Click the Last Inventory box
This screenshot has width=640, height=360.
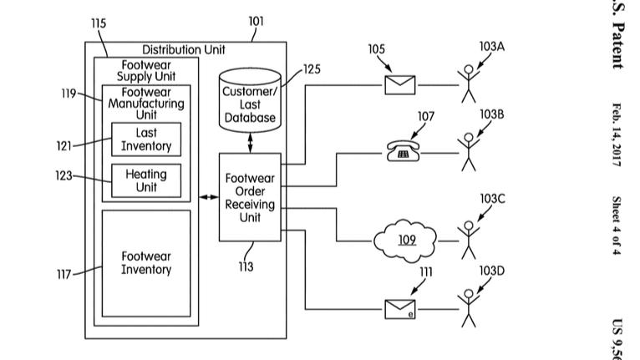pos(146,139)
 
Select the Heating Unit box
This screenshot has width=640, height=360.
pos(146,180)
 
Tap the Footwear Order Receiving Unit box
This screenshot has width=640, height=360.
pos(250,197)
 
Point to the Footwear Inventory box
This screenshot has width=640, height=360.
pos(146,263)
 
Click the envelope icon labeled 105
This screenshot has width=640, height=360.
pos(399,84)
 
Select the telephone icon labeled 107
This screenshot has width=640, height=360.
pos(403,151)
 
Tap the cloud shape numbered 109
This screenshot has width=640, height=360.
pos(406,241)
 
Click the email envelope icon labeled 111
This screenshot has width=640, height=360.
pos(399,309)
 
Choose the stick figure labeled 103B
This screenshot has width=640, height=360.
pos(469,151)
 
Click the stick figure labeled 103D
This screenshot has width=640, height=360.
pos(469,308)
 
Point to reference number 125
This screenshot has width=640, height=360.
pos(311,70)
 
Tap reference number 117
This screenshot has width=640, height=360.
pos(64,273)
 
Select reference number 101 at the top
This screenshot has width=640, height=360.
pos(256,22)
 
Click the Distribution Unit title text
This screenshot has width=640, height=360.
pos(183,50)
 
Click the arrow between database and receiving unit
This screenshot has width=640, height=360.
pos(250,142)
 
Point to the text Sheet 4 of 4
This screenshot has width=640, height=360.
pos(616,226)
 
